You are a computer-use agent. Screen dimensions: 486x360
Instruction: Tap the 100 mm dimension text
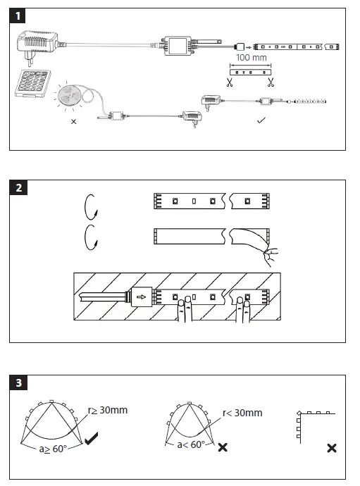coord(249,56)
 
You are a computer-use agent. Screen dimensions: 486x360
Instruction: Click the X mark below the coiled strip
coord(75,121)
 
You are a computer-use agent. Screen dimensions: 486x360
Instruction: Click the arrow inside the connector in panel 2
coord(142,297)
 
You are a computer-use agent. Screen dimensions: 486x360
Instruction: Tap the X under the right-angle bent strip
coord(331,448)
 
